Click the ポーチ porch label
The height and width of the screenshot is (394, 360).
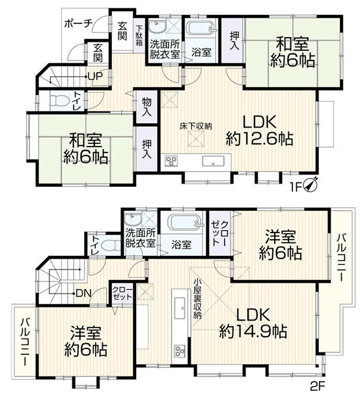coord(79,24)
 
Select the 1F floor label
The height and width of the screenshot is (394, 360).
coord(296,187)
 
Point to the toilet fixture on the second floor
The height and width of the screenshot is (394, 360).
coord(112,245)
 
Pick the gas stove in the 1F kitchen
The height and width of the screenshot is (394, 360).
coord(171,161)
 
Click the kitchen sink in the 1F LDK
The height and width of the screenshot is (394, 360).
coord(213,162)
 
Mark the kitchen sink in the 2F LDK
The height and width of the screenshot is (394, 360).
coord(180,307)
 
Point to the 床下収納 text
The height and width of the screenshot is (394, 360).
coord(196,126)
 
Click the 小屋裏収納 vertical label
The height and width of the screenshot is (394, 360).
coord(197,300)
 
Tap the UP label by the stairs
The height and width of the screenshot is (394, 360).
coord(95,76)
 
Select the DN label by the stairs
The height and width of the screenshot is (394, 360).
coord(83,293)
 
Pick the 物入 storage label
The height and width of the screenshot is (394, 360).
coord(147,107)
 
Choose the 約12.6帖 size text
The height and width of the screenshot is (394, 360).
coord(259,139)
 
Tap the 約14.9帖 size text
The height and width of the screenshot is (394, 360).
coord(253,331)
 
